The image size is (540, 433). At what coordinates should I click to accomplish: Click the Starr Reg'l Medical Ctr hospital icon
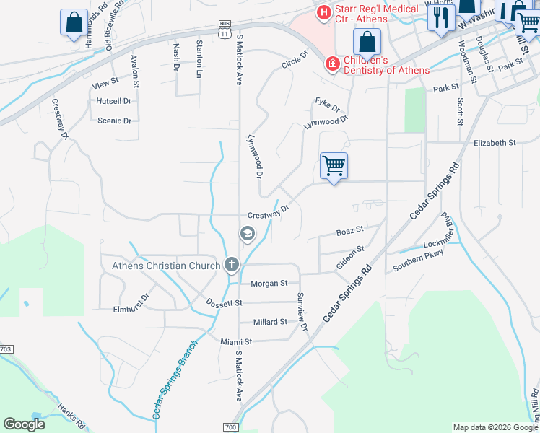[x=323, y=12]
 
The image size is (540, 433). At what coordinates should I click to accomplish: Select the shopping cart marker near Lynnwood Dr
[x=334, y=166]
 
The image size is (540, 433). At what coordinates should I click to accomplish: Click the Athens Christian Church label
[x=166, y=266]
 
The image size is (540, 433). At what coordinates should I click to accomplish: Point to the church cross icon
[x=231, y=265]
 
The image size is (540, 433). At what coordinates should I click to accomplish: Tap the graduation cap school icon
[x=247, y=234]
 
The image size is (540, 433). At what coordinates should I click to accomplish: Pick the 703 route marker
[x=6, y=349]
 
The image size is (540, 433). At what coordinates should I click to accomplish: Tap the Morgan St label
[x=269, y=284]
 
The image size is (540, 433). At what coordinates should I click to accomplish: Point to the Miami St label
[x=236, y=341]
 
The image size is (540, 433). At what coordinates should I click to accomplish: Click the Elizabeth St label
[x=495, y=143]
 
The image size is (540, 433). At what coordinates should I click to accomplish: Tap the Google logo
[x=24, y=424]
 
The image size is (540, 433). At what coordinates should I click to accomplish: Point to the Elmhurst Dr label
[x=131, y=304]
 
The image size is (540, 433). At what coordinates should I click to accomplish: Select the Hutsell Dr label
[x=113, y=102]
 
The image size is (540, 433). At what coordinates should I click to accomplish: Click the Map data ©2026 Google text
[x=495, y=427]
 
